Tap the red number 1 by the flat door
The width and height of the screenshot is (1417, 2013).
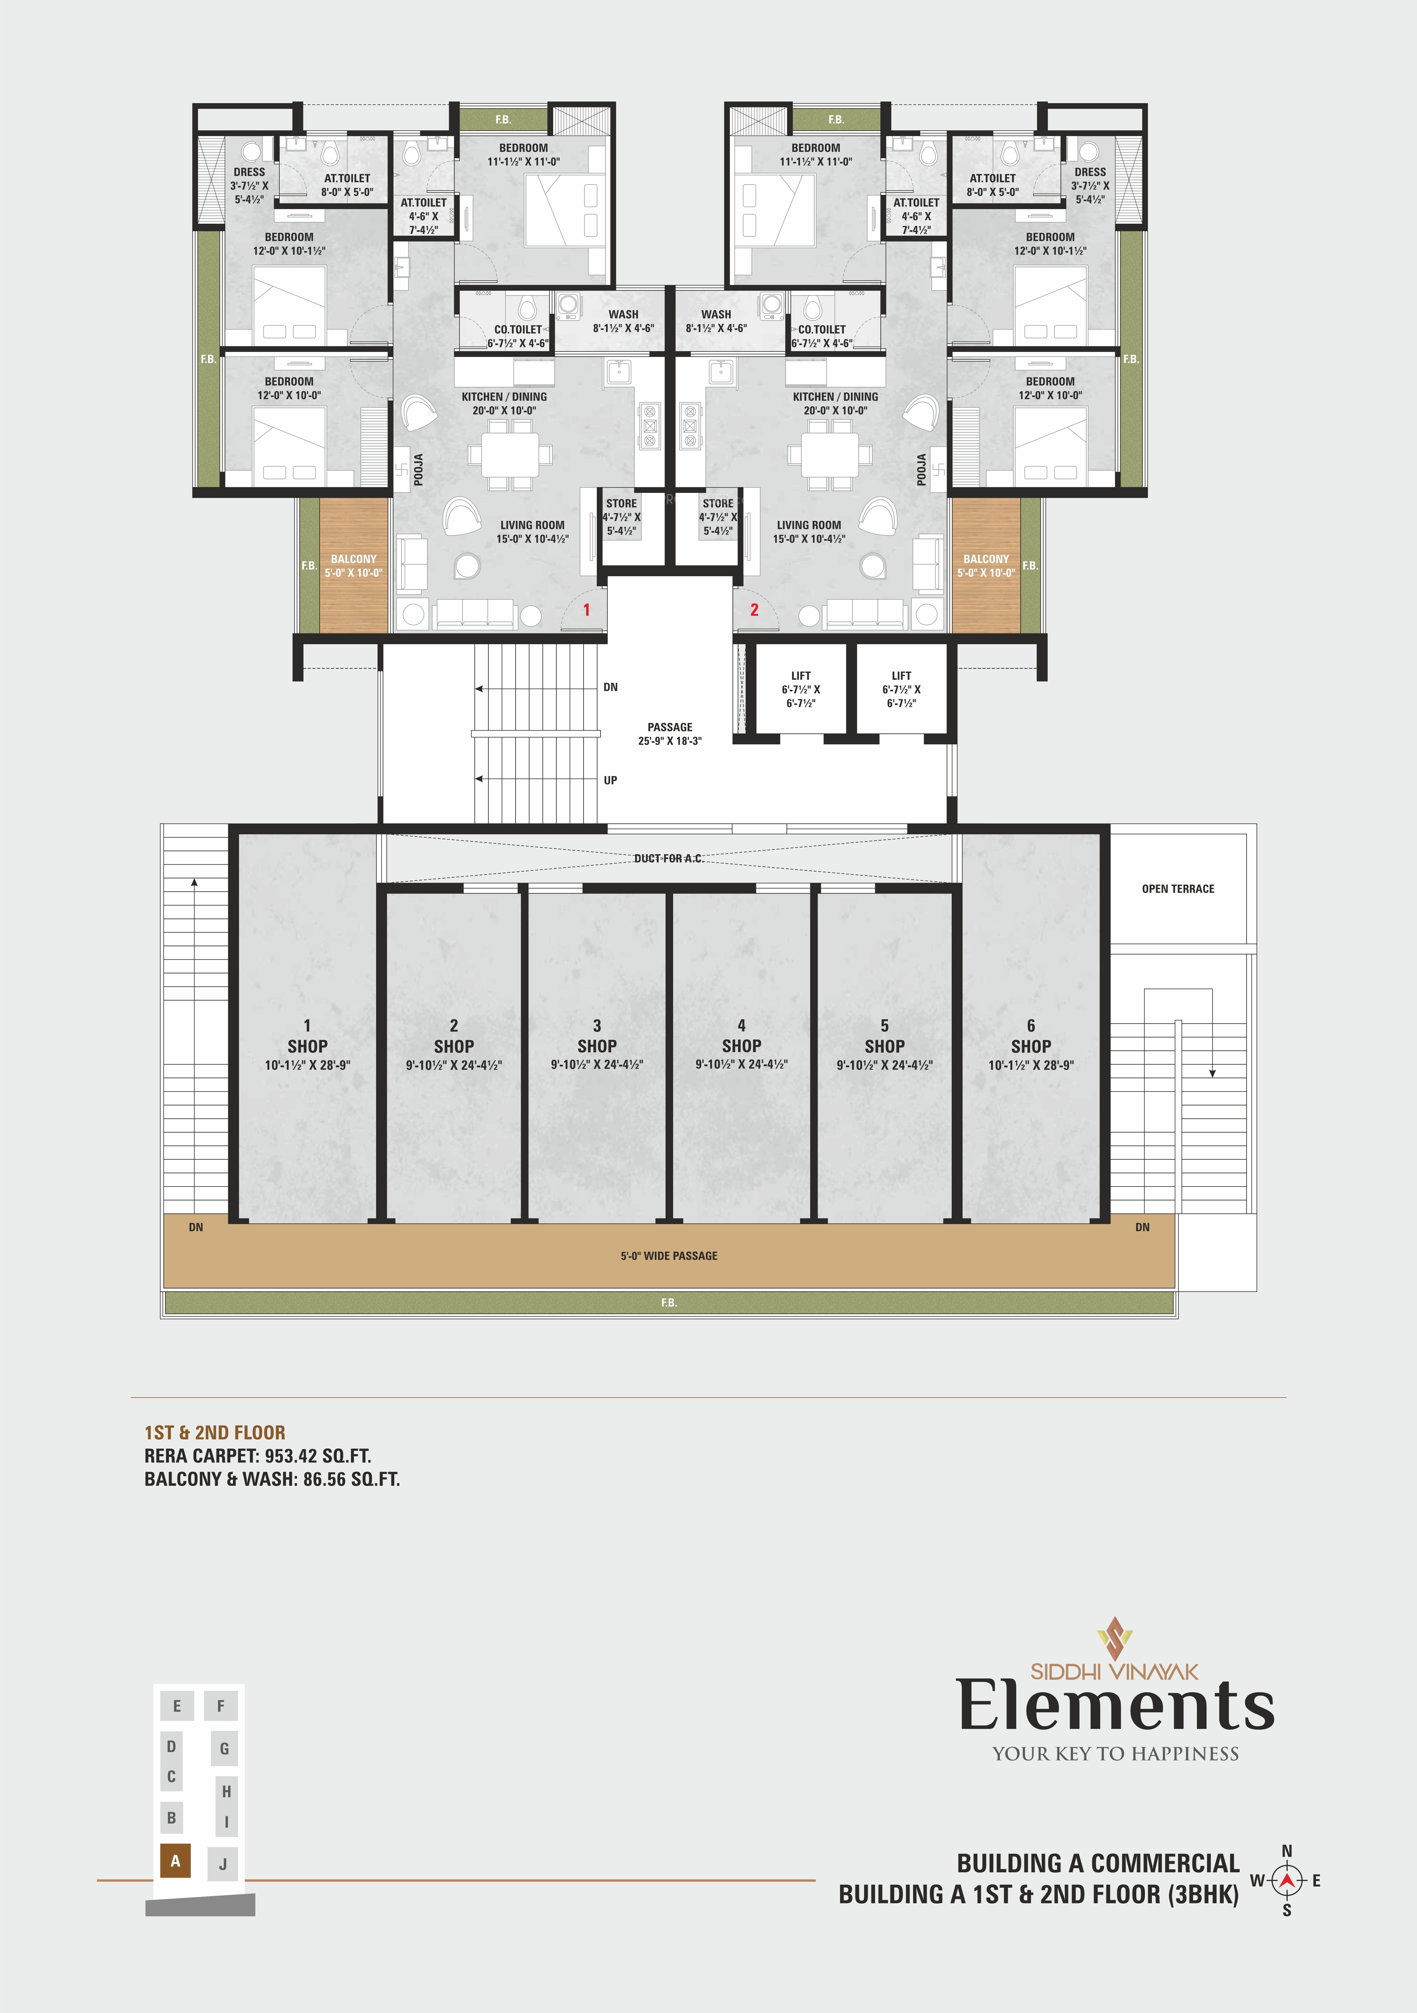point(587,609)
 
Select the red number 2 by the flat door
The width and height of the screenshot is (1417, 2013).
point(754,609)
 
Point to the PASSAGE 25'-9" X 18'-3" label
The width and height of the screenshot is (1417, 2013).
point(670,734)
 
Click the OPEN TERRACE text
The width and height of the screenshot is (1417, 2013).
point(1178,889)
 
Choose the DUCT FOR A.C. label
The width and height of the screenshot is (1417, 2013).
point(669,858)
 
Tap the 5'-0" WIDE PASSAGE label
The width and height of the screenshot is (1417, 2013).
point(669,1256)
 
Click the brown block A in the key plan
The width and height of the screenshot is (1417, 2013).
point(175,1861)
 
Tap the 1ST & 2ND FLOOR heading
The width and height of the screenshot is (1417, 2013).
point(215,1433)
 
